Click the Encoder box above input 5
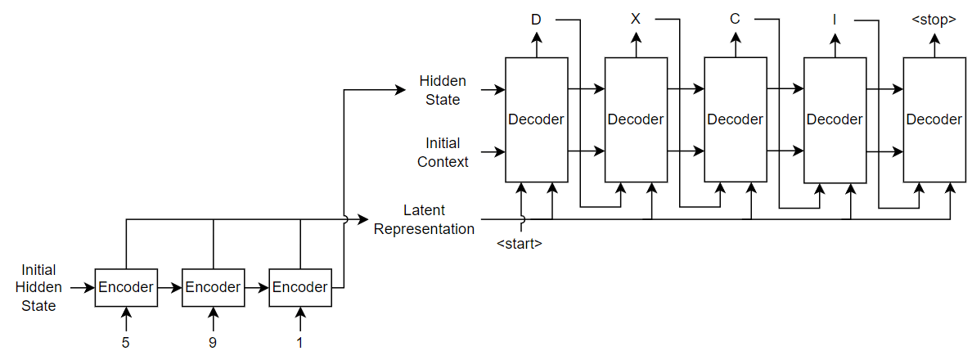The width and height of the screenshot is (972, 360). click(x=126, y=287)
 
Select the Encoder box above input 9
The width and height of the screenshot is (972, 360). click(x=213, y=287)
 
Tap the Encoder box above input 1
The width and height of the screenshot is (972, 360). click(x=300, y=287)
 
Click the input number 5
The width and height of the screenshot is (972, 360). click(x=126, y=343)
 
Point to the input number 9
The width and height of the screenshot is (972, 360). click(x=213, y=343)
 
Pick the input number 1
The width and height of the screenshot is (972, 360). click(x=299, y=343)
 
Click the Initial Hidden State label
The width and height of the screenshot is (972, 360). click(x=39, y=287)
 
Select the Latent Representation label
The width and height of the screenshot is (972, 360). click(x=425, y=219)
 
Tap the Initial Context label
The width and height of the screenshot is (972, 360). click(x=443, y=152)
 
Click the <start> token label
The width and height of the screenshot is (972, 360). click(x=520, y=243)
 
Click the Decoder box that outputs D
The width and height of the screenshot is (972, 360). click(x=536, y=119)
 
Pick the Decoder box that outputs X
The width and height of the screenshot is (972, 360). click(x=636, y=119)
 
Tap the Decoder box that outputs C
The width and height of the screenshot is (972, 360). click(x=736, y=119)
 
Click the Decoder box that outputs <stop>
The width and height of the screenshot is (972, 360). click(x=934, y=119)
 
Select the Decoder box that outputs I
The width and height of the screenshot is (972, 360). click(x=835, y=119)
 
